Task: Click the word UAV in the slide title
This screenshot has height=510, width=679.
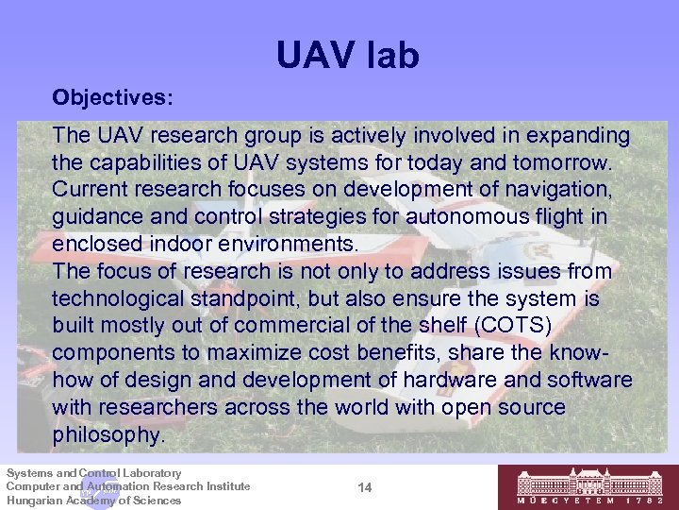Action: pyautogui.click(x=314, y=56)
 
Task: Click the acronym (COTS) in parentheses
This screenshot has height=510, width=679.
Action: pyautogui.click(x=506, y=326)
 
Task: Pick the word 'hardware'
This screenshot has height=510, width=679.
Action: pyautogui.click(x=472, y=380)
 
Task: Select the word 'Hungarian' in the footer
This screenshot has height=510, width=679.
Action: pyautogui.click(x=37, y=501)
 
